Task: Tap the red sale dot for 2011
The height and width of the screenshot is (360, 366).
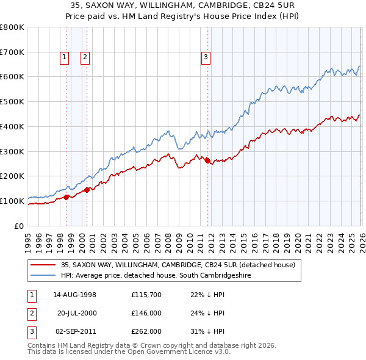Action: click(x=207, y=161)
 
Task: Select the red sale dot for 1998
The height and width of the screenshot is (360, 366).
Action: click(x=66, y=197)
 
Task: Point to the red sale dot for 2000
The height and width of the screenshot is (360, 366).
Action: click(x=87, y=190)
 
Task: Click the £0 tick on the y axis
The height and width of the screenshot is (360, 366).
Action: click(x=20, y=226)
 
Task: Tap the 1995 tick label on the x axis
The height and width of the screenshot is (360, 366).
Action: click(x=28, y=242)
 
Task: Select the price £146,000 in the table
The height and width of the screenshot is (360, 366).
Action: click(x=146, y=313)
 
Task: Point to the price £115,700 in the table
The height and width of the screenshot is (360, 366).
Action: click(x=146, y=295)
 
